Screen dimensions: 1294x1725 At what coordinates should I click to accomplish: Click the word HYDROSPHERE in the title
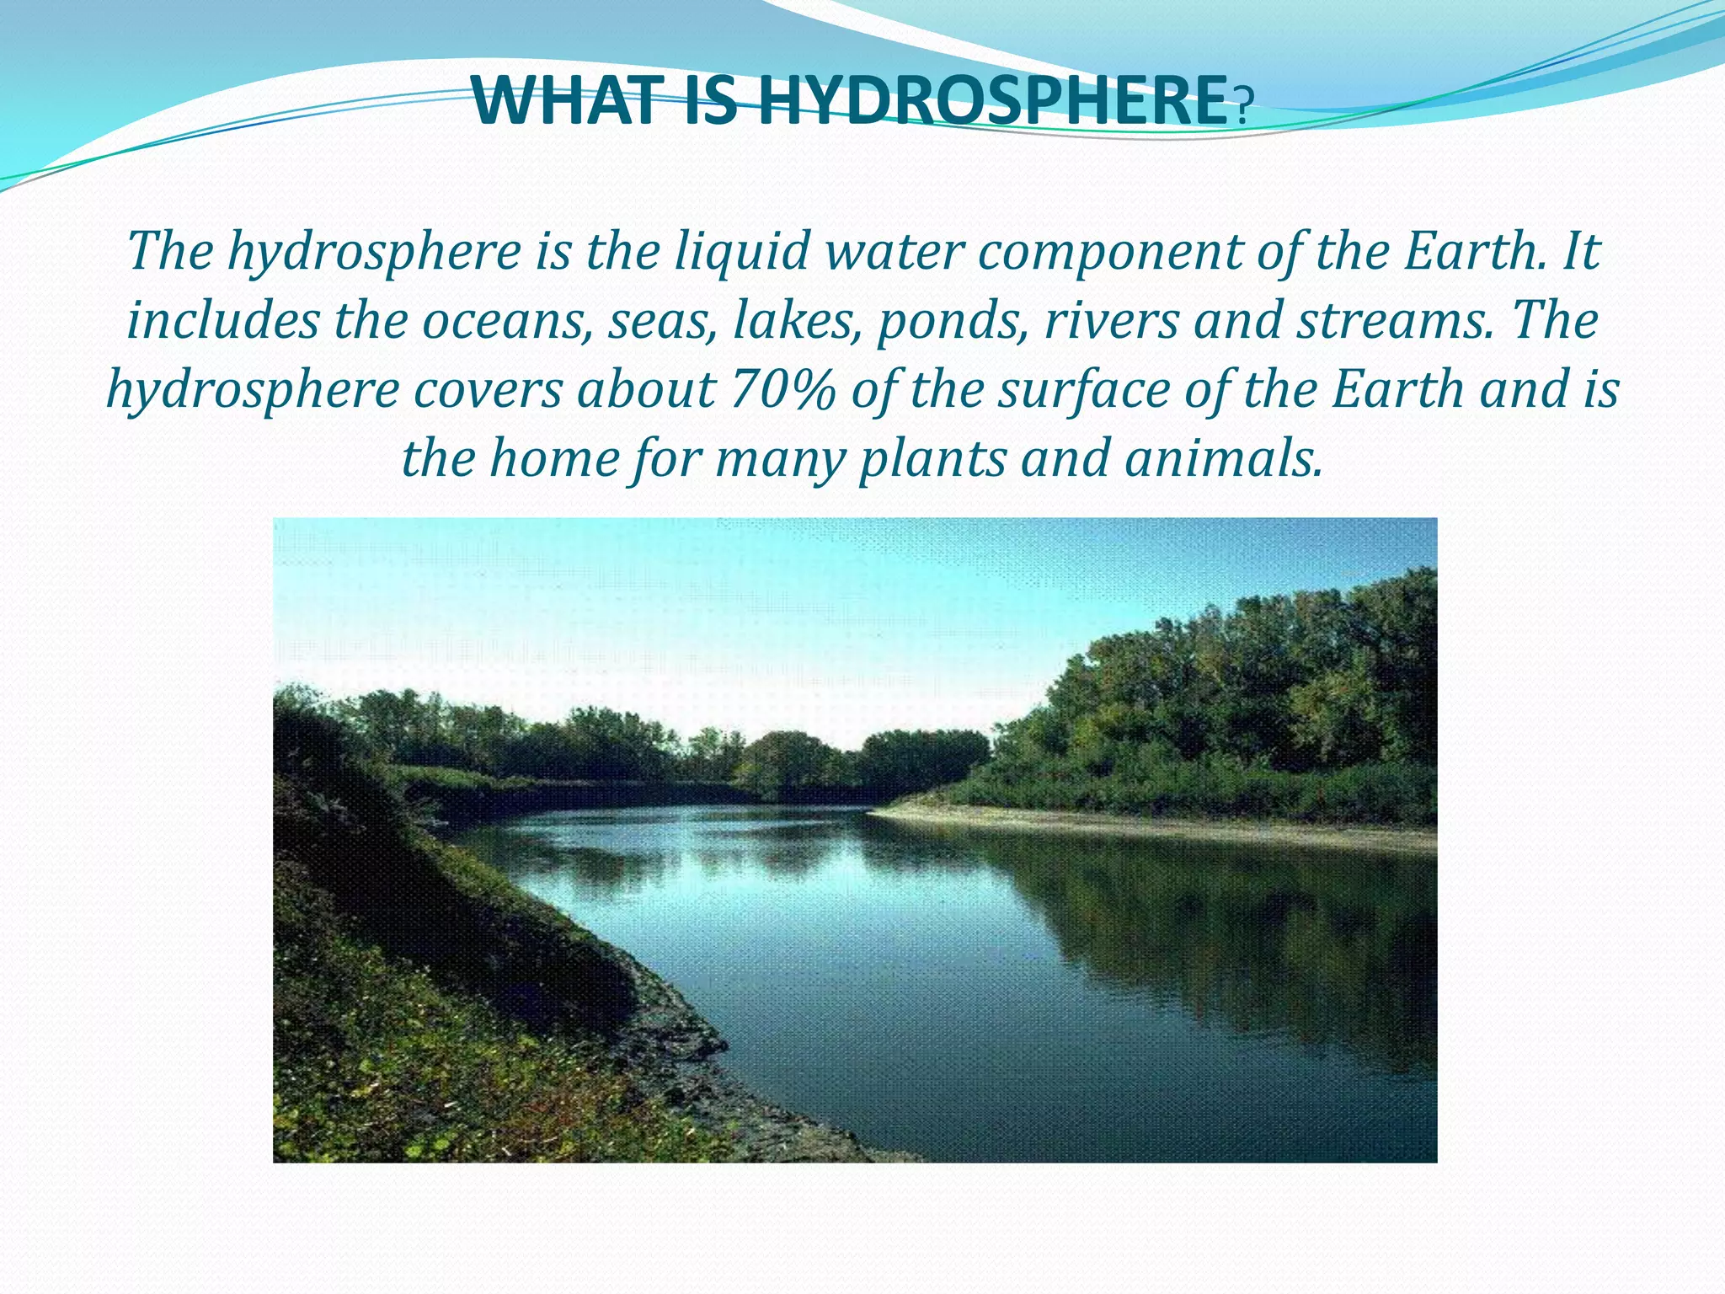click(x=994, y=101)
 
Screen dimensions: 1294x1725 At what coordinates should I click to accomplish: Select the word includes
click(x=223, y=321)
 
